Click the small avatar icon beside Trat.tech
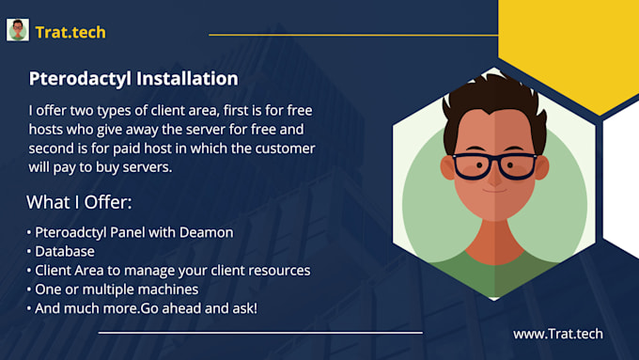(x=18, y=30)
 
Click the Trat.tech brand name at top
(x=70, y=32)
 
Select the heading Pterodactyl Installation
(x=133, y=79)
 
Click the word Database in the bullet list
(x=65, y=251)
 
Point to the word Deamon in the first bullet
(x=209, y=232)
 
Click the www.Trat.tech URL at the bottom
(x=557, y=333)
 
